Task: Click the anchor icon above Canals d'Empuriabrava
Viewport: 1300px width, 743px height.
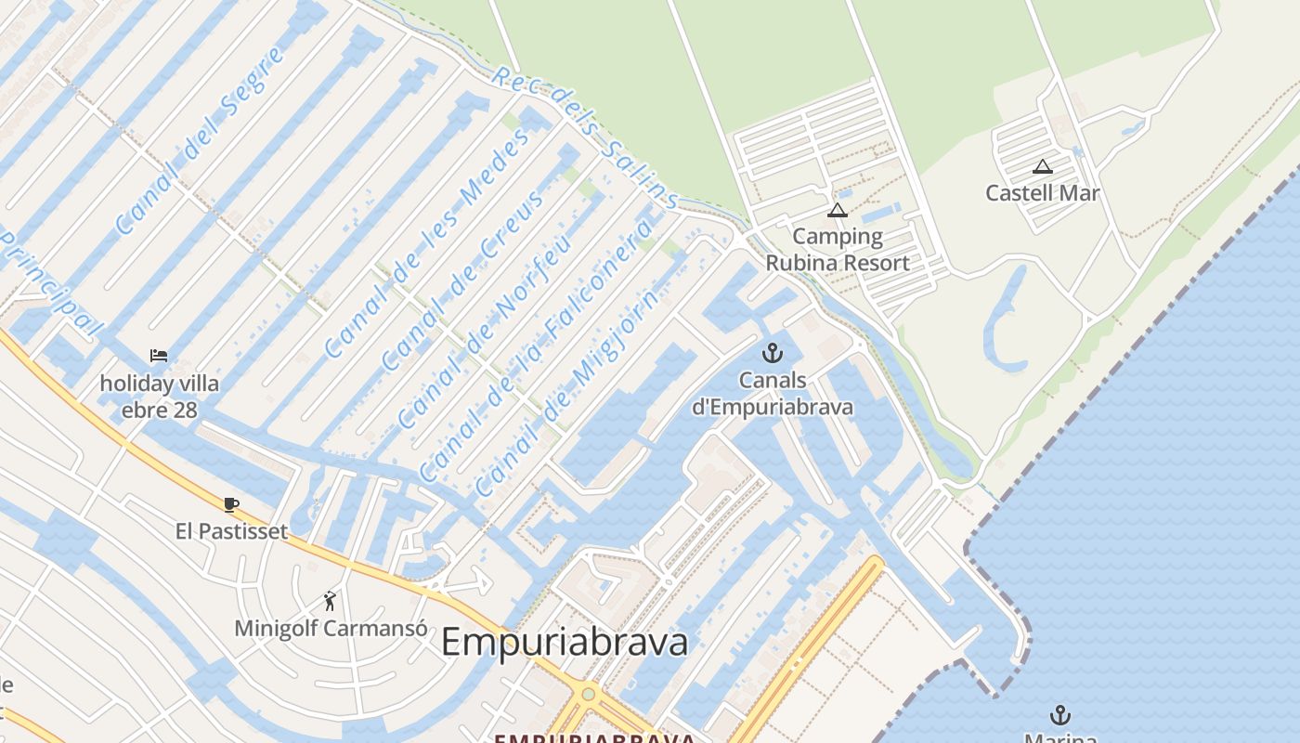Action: [x=772, y=353]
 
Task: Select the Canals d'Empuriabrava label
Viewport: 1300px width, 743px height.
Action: [x=772, y=394]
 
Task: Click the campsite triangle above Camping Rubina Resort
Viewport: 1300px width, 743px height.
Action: [x=838, y=211]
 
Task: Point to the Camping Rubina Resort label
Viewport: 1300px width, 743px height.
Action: [x=838, y=249]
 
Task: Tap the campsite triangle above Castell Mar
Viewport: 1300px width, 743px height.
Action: [x=1043, y=167]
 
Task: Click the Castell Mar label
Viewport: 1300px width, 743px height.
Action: [x=1043, y=193]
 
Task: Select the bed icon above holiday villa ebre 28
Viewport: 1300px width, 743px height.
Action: [x=159, y=356]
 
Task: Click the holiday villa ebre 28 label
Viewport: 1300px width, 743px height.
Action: [x=160, y=397]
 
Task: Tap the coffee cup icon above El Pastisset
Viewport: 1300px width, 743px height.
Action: [x=231, y=504]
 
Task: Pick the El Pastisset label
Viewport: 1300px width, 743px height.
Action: [x=231, y=531]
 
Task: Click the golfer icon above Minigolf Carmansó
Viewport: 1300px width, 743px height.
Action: [x=330, y=602]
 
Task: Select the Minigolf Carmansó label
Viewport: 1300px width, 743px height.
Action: [x=331, y=629]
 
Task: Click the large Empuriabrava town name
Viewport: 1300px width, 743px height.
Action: [x=565, y=642]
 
